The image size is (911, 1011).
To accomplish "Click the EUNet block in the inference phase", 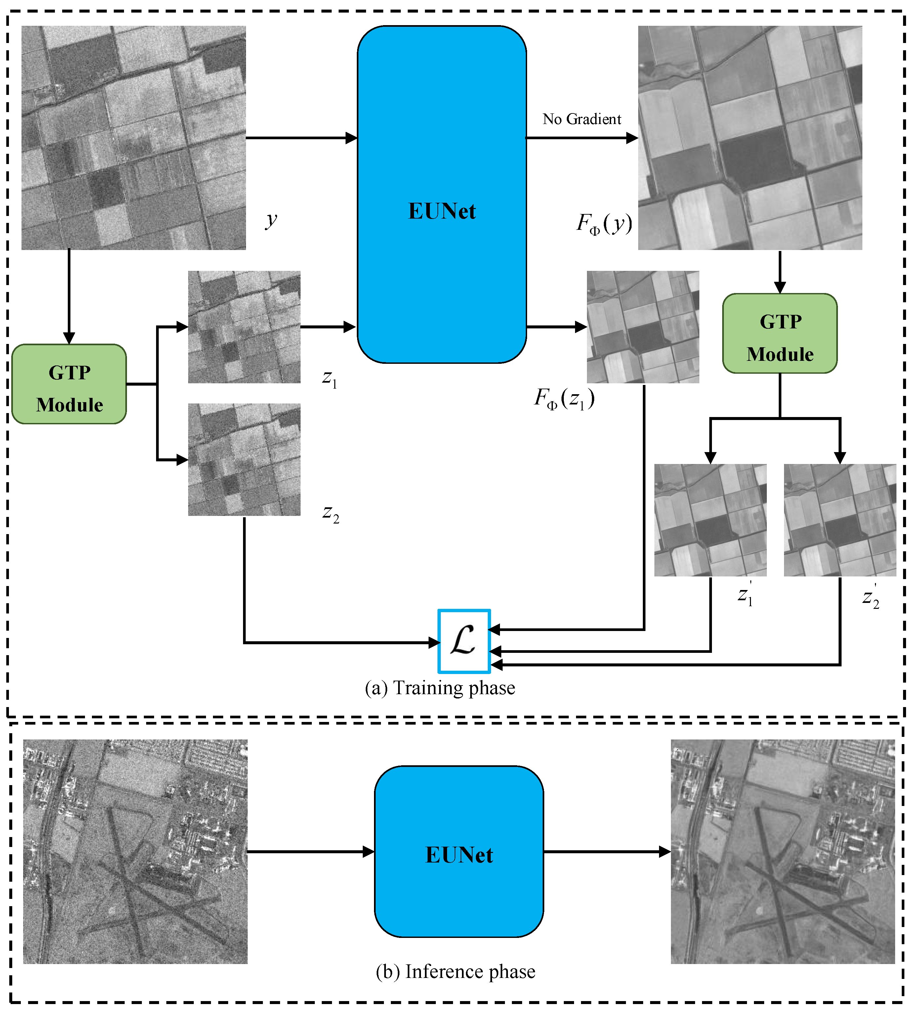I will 459,851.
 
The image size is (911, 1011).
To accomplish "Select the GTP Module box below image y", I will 69,384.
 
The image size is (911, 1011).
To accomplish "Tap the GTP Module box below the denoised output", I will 779,333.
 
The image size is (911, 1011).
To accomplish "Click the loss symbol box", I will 464,641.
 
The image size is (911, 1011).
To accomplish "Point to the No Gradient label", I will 582,119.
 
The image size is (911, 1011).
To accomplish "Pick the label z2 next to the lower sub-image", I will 330,513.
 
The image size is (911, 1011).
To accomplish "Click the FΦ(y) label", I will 604,223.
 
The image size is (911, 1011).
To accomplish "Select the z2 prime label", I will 870,597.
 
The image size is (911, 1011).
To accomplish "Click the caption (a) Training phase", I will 440,688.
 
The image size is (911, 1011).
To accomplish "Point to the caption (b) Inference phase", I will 456,971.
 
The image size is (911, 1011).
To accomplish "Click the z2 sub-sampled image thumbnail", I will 244,459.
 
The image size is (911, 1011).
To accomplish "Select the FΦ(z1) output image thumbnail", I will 643,327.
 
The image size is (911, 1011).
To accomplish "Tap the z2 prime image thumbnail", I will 840,520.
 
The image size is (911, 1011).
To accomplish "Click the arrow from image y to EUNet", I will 300,138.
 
